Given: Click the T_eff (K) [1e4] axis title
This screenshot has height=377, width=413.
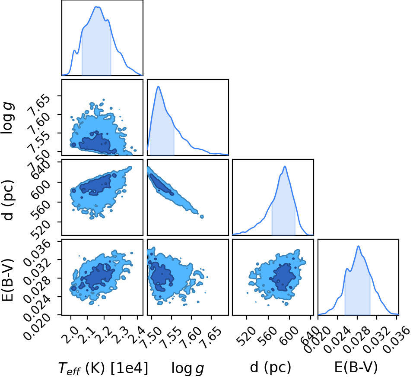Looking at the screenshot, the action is coord(103,367).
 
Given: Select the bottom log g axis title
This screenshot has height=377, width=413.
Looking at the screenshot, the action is coord(188,368).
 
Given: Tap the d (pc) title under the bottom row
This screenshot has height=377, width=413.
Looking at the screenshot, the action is coord(270,367).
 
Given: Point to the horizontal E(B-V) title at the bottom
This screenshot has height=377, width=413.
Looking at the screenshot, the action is coord(356,367).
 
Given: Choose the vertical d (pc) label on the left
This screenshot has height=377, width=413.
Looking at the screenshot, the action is coord(8,200).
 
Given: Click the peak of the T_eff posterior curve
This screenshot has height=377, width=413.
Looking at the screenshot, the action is coord(97,7).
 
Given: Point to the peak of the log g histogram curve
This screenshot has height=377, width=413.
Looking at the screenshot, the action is coord(158,86).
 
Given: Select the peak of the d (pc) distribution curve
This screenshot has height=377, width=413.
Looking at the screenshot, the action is coord(285,166).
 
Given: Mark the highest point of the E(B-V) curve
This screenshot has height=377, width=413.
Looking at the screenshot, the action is coord(358,246).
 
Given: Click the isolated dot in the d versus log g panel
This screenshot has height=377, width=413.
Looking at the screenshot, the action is coord(202,217).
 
